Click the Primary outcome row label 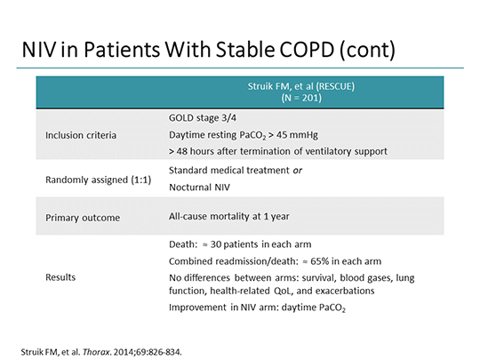pyautogui.click(x=81, y=216)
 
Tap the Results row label pyautogui.click(x=61, y=277)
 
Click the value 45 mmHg pyautogui.click(x=302, y=134)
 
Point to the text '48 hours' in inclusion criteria pyautogui.click(x=196, y=151)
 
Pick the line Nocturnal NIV pyautogui.click(x=198, y=188)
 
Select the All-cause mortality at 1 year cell pyautogui.click(x=228, y=216)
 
